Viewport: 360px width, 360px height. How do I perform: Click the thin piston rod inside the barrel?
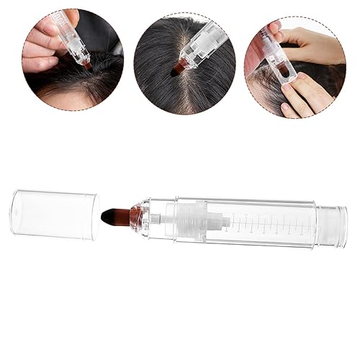point(230,216)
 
